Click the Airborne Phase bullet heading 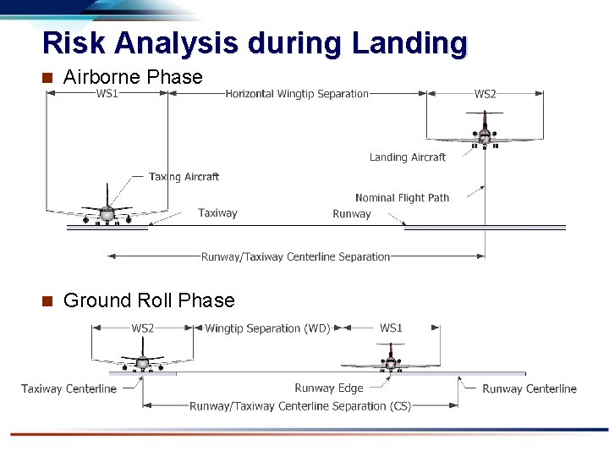click(x=133, y=77)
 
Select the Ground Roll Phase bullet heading click(x=149, y=300)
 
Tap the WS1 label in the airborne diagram click(x=107, y=94)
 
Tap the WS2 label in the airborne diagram click(x=485, y=94)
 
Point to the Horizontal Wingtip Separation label click(x=297, y=94)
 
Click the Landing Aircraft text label click(x=407, y=157)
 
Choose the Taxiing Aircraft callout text click(x=184, y=177)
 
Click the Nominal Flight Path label click(x=402, y=198)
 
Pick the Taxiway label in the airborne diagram click(x=217, y=213)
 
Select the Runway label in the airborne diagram click(x=352, y=214)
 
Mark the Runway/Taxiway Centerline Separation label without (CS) click(x=295, y=256)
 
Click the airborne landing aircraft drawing click(x=484, y=131)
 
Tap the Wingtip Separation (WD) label click(x=267, y=328)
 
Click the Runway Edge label click(x=328, y=388)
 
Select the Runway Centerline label click(x=529, y=389)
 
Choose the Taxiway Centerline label click(x=69, y=389)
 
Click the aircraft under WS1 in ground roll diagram click(x=390, y=360)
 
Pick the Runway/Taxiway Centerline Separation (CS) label click(x=300, y=406)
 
